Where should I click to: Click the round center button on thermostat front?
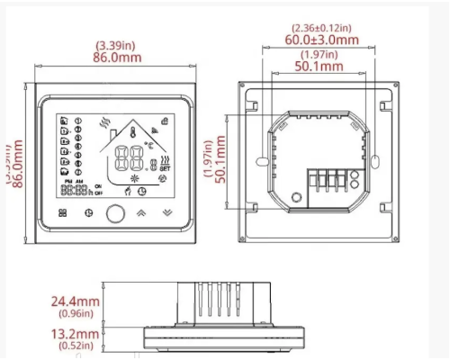115,214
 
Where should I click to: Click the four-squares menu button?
62,214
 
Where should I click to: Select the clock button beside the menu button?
88,214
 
